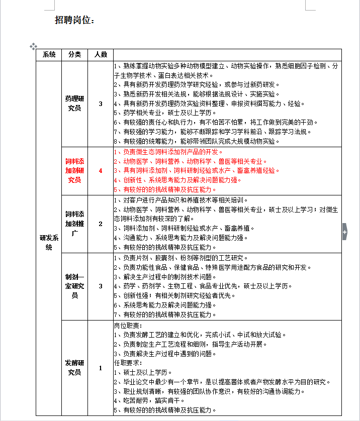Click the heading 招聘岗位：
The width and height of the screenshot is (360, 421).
[74, 20]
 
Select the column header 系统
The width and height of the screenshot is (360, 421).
[49, 54]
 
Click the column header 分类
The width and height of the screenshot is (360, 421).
[74, 54]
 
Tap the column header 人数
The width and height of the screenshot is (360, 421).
[101, 54]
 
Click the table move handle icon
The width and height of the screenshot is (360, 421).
[33, 46]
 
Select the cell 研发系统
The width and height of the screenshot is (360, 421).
[49, 243]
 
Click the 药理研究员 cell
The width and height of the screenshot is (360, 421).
[74, 103]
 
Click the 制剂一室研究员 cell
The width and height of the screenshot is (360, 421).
[74, 286]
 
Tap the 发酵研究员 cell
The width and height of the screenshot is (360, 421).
[74, 368]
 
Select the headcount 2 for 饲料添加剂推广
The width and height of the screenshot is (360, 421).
[101, 224]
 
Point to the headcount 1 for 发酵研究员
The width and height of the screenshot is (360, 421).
[101, 368]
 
